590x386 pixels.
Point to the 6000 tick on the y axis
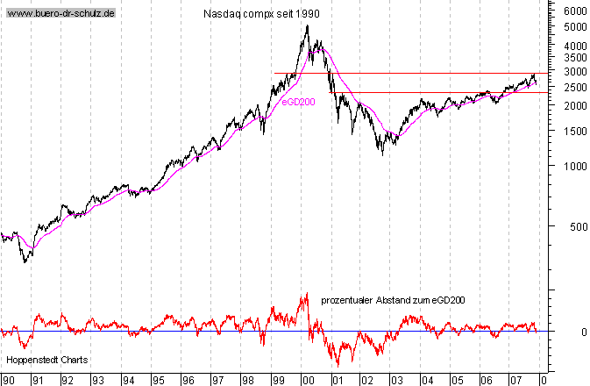coord(575,11)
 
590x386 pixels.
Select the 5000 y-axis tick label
coord(575,27)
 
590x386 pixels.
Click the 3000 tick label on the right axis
coord(575,72)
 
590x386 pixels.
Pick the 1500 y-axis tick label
coord(575,132)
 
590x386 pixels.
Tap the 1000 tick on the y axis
coord(575,166)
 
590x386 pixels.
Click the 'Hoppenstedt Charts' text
coord(40,361)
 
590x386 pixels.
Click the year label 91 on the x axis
coord(37,381)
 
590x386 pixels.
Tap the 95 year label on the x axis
coord(158,381)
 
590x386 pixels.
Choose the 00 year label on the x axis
coord(308,381)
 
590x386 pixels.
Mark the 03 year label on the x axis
coord(397,381)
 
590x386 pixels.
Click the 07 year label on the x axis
coord(516,381)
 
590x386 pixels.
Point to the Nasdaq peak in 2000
coord(307,25)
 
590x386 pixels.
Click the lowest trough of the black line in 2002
coord(382,154)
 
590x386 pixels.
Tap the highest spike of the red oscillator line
coord(306,294)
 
